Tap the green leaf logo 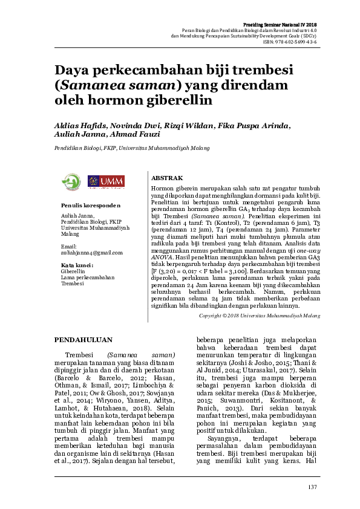click(73, 180)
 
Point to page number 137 click(312, 488)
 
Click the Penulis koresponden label click(87, 206)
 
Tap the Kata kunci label click(77, 265)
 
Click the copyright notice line click(260, 316)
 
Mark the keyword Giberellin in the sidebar click(73, 272)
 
